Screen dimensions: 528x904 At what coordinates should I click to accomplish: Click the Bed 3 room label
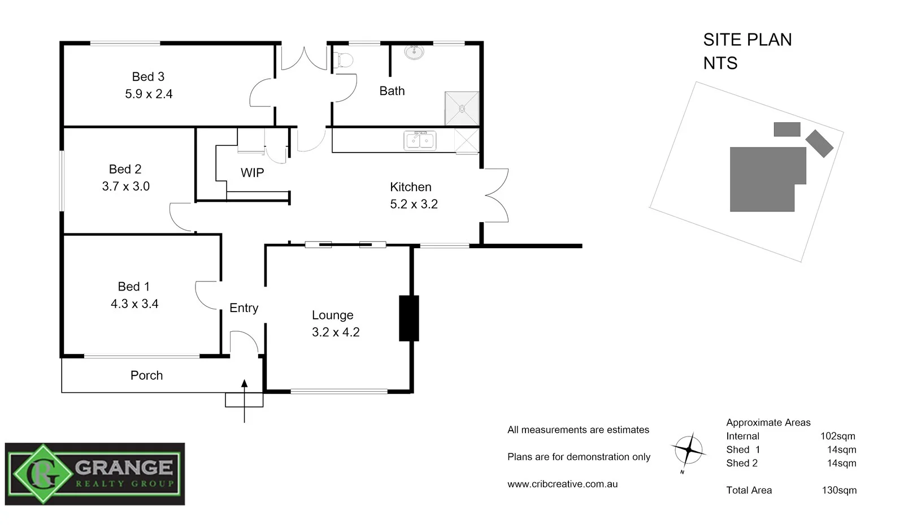coord(148,76)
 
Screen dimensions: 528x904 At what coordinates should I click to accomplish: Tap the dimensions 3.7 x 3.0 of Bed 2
coord(125,187)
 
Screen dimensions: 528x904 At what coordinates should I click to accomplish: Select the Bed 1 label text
coord(133,287)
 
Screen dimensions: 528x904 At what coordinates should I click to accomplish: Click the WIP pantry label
coord(252,173)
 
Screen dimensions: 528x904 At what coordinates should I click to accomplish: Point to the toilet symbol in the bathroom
coord(343,59)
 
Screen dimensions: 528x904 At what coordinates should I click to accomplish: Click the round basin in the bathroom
coord(414,53)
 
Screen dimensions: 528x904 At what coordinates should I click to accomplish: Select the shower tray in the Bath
coord(462,108)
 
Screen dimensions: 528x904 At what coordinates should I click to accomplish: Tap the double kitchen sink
coord(420,140)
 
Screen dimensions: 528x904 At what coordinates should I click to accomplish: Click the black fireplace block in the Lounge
coord(408,318)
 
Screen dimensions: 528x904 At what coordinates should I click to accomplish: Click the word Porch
coord(146,375)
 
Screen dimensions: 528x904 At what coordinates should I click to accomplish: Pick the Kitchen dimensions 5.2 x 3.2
coord(414,204)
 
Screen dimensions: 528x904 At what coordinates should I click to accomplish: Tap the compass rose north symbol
coord(688,451)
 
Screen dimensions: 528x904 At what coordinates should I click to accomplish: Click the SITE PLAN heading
coord(747,40)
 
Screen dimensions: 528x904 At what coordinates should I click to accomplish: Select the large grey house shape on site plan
coord(763,179)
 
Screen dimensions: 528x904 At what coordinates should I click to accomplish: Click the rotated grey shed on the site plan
coord(819,143)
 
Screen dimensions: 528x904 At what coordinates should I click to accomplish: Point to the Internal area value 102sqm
coord(837,436)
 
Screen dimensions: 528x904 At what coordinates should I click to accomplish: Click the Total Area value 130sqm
coord(838,490)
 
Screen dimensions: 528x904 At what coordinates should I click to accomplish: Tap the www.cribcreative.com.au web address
coord(562,484)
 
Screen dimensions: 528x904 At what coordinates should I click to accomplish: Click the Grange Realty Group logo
coord(95,474)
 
